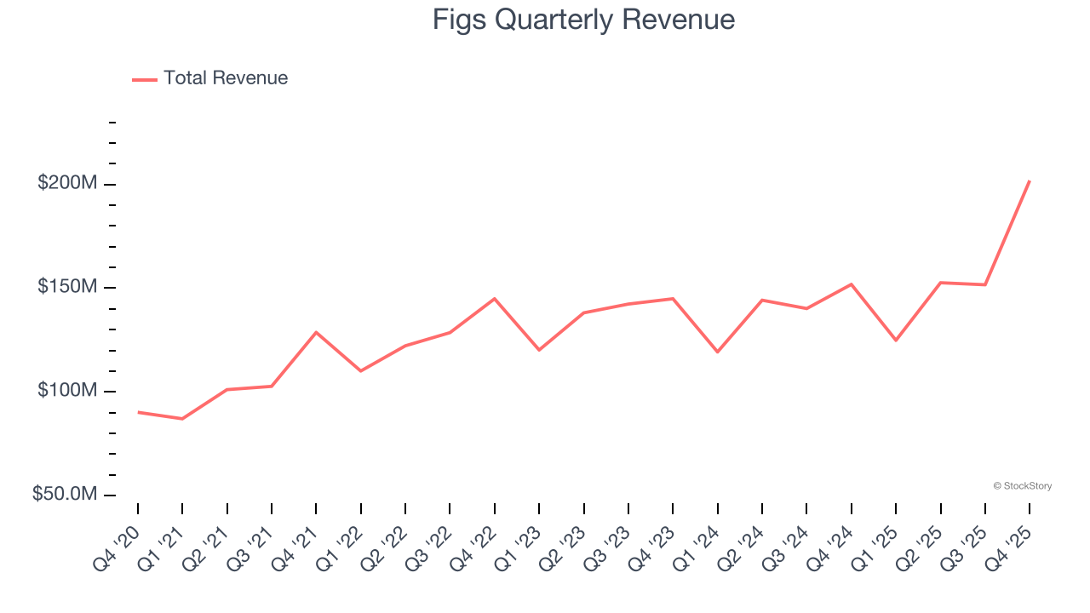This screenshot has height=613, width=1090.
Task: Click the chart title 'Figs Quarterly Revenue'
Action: tap(583, 20)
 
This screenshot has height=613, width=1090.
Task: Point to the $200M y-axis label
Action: tap(67, 184)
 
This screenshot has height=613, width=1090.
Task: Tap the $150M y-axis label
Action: tap(67, 287)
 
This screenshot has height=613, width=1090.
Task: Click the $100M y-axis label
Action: tap(67, 391)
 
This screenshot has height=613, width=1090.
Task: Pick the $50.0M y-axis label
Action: tap(65, 494)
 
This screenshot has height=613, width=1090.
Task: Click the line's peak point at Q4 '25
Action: tap(1030, 180)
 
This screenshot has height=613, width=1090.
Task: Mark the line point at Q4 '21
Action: tap(316, 332)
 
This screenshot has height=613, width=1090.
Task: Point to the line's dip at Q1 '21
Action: tap(182, 419)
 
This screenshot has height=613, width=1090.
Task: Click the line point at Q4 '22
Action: tap(495, 299)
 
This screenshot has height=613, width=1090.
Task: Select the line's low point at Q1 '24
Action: tap(718, 352)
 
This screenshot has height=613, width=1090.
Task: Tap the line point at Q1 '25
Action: tap(896, 341)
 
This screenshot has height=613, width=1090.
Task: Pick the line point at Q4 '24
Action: tap(852, 284)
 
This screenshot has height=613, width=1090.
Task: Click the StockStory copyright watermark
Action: tap(1022, 486)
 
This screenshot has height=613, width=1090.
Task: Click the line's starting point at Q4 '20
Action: tap(138, 412)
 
